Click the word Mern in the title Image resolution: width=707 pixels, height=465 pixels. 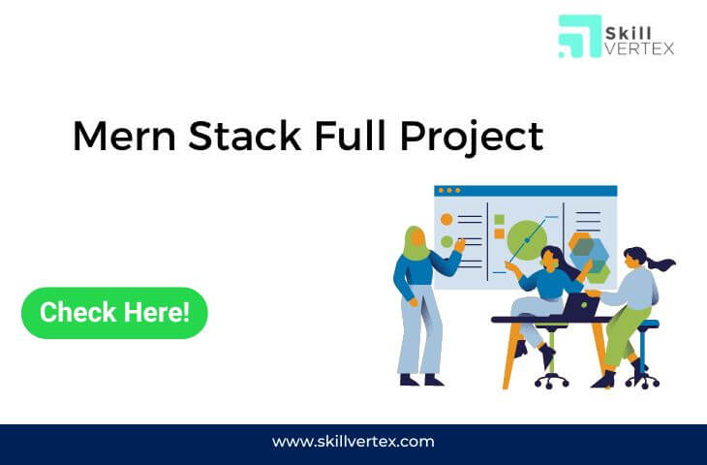[124, 137]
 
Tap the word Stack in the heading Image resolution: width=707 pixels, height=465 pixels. [244, 136]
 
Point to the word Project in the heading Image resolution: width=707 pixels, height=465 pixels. [472, 138]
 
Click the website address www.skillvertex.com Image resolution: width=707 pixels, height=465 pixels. [353, 441]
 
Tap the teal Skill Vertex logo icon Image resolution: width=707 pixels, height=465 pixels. [580, 37]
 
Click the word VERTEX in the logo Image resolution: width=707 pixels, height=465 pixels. [639, 48]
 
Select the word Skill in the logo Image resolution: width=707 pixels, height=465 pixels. [629, 33]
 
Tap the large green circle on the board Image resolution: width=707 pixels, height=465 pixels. [526, 240]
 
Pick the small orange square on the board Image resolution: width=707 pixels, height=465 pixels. [499, 233]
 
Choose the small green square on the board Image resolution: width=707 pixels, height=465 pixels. [499, 220]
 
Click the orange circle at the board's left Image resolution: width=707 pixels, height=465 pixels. [446, 220]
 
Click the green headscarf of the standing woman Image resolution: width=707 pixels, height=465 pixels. [415, 244]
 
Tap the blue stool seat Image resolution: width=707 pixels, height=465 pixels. [648, 324]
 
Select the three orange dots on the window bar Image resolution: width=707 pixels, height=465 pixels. [449, 190]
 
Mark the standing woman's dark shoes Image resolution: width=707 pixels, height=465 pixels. [421, 380]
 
